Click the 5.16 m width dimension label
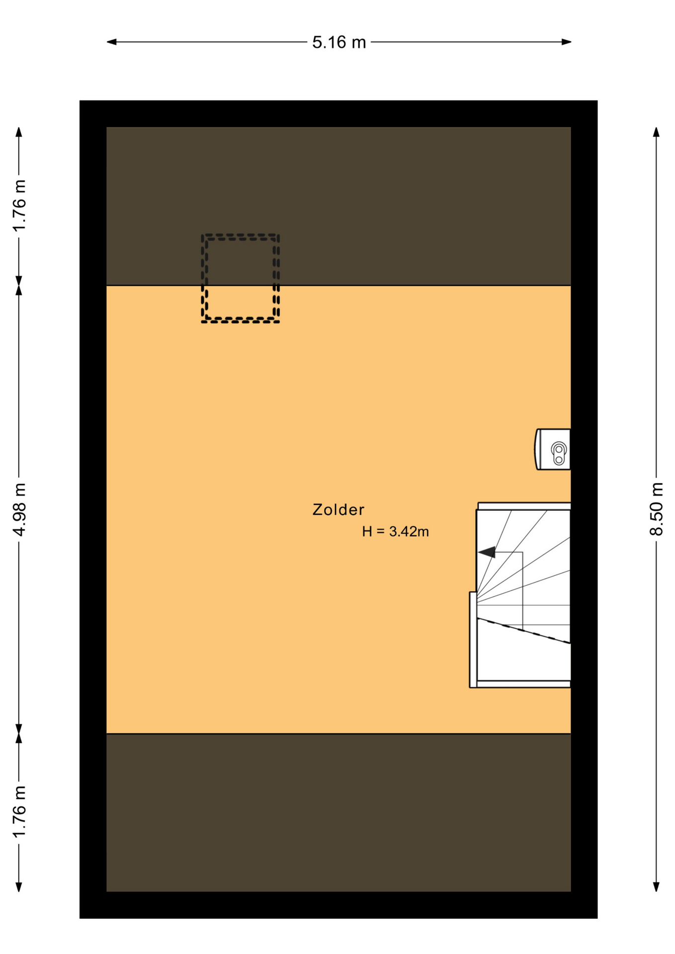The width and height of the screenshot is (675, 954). point(338,42)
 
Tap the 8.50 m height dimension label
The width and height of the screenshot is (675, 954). point(656,509)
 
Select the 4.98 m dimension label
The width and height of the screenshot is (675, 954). point(19,509)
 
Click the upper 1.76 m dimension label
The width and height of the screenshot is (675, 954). point(19,206)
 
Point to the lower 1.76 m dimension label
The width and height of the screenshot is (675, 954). point(19,811)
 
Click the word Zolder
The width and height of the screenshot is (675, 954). point(338,510)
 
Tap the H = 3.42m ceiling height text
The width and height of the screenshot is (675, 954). point(395,532)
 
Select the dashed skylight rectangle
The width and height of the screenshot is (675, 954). point(241,278)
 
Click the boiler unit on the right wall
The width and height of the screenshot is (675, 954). point(553,449)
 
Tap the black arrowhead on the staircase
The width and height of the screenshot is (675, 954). point(487,552)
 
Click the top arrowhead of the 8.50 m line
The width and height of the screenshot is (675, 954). point(656,132)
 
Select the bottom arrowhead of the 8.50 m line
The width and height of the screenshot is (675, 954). point(656,886)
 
